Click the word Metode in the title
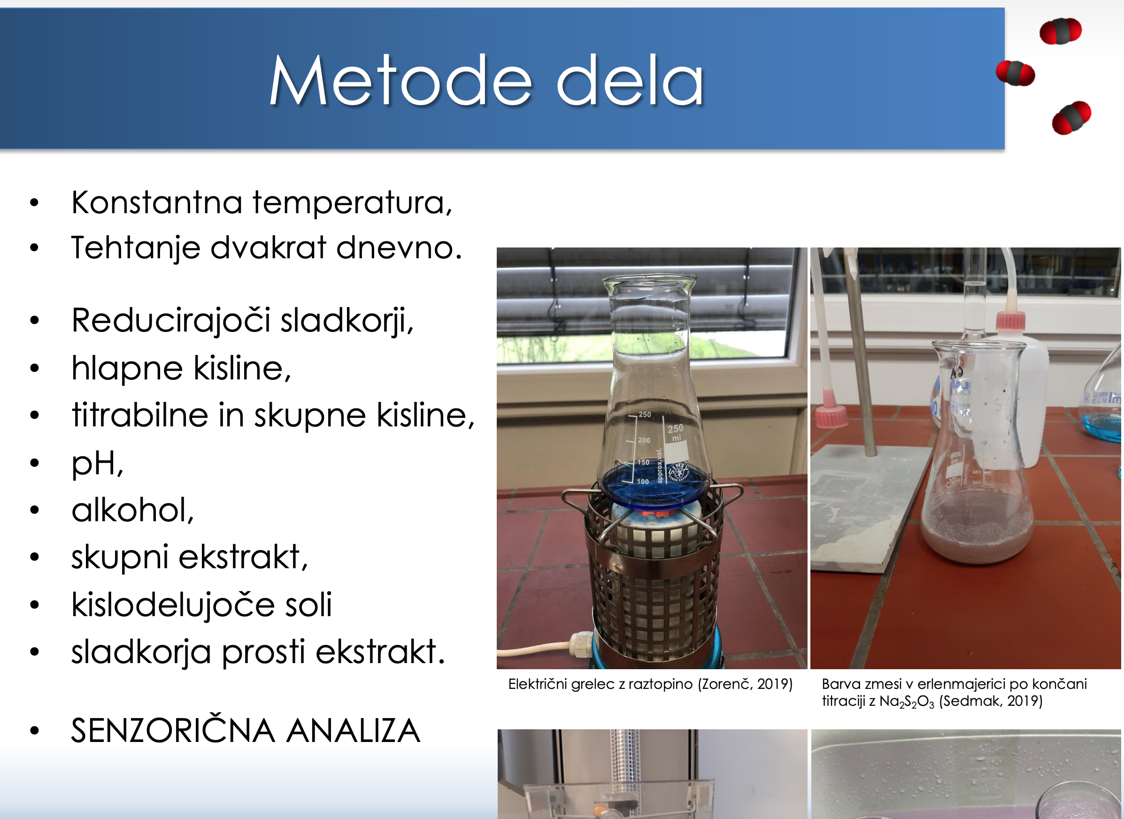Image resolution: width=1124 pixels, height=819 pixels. tap(400, 80)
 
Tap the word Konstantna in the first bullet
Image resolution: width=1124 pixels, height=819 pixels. tap(157, 203)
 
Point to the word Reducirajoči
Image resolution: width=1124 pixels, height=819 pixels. tap(171, 321)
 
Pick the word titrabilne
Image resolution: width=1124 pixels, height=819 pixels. tap(140, 415)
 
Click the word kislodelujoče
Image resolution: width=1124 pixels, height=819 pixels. tap(173, 605)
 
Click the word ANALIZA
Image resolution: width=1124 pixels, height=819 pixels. tap(354, 731)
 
